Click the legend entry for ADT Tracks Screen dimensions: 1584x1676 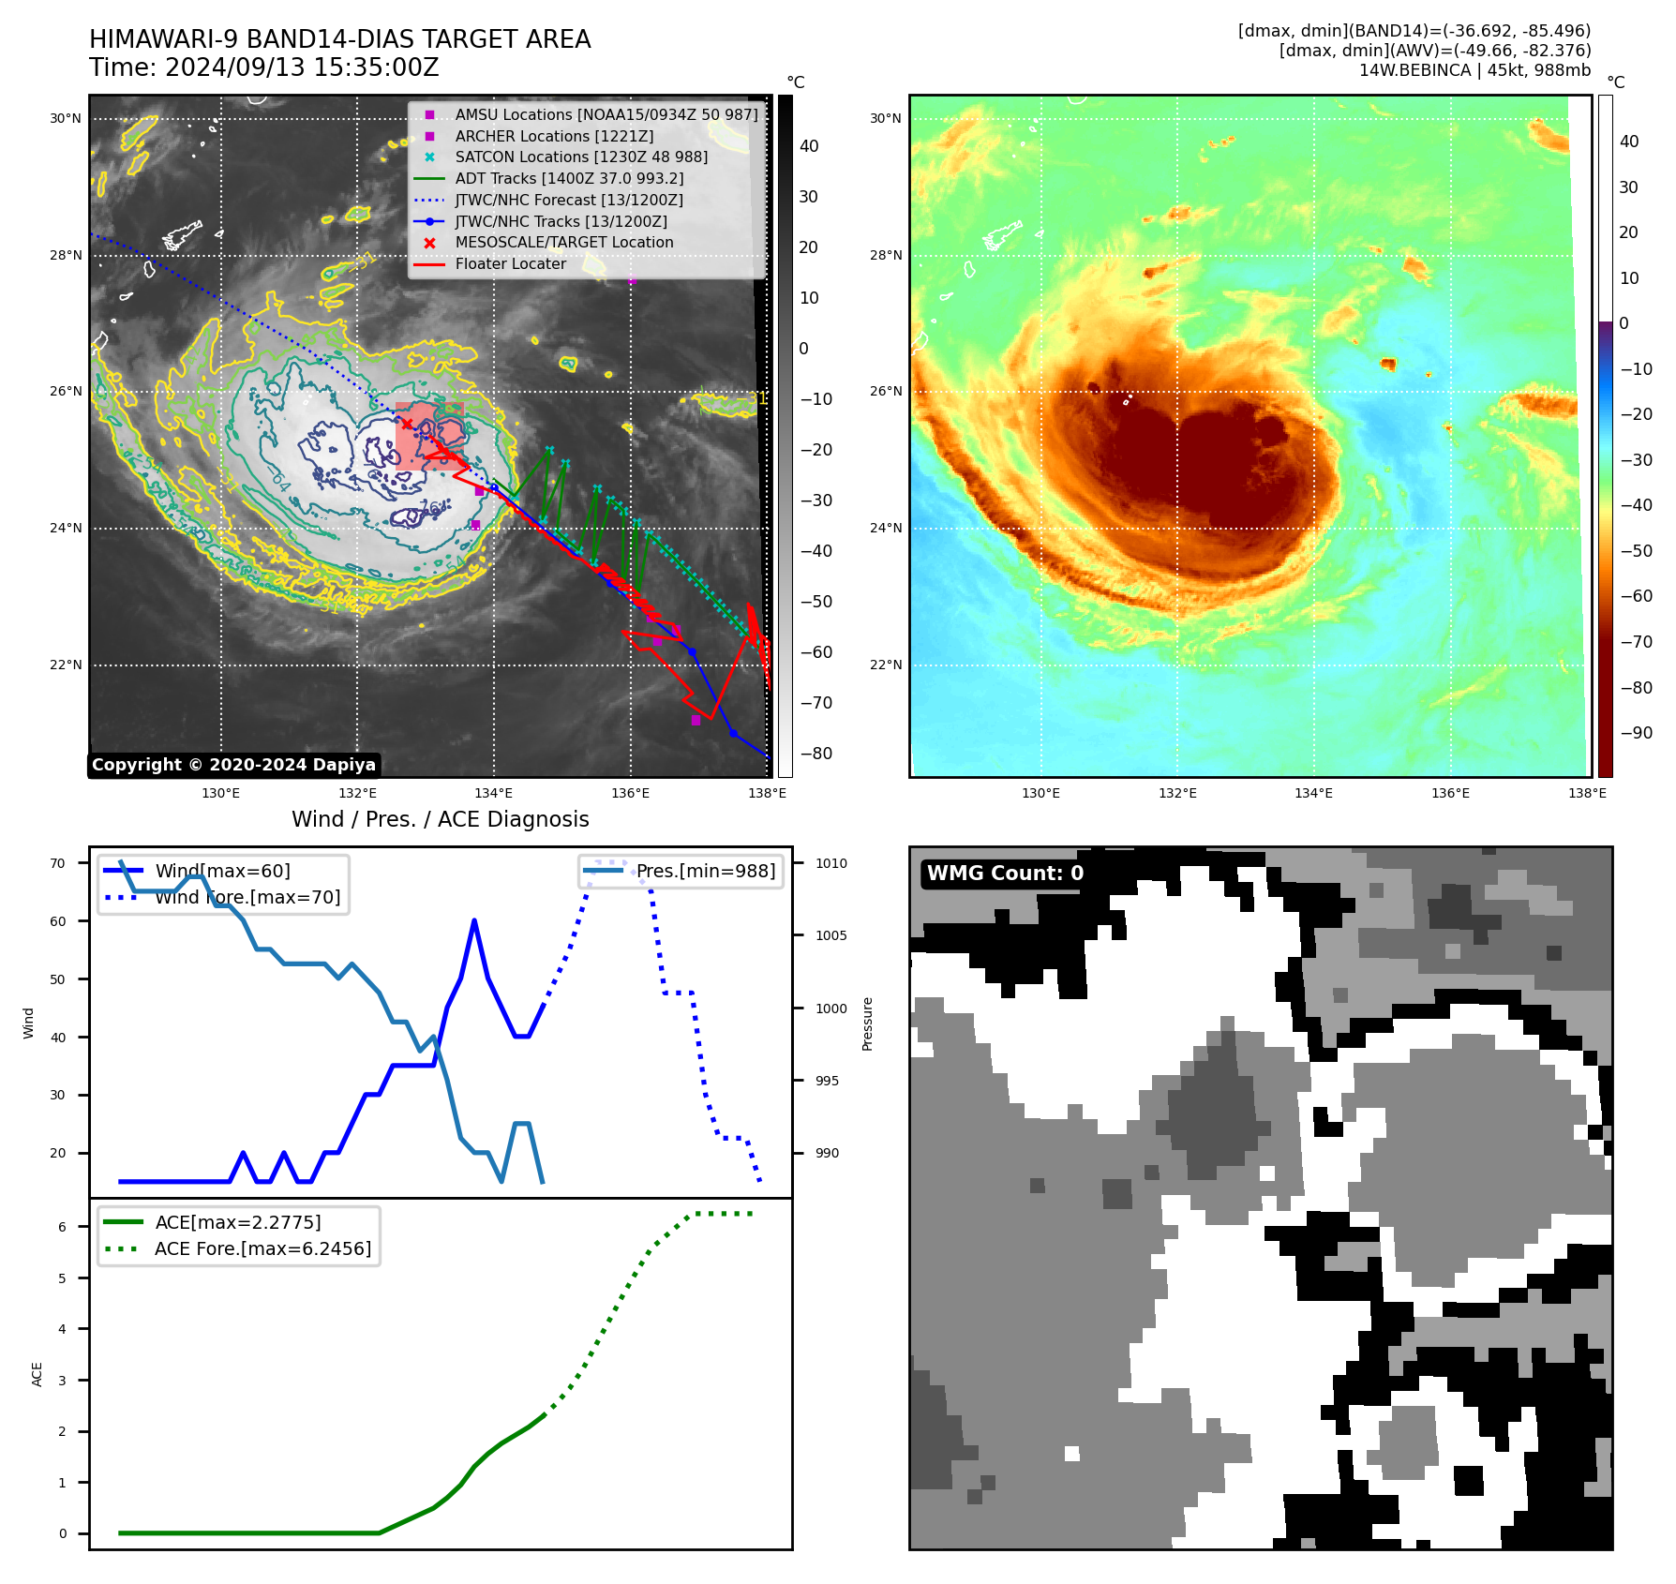[569, 178]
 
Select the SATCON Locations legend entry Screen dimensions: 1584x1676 [581, 157]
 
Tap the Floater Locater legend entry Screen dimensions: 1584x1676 [510, 263]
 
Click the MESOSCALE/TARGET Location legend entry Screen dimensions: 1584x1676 [563, 242]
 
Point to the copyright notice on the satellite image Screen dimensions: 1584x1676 [233, 765]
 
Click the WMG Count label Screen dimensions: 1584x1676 [1005, 874]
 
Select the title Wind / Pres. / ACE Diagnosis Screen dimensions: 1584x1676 [440, 819]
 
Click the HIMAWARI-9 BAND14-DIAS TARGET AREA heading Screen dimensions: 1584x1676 [339, 39]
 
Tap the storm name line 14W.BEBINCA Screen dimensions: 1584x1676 [1474, 70]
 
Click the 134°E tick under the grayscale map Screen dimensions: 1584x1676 [493, 793]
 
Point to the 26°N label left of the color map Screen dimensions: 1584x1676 [885, 391]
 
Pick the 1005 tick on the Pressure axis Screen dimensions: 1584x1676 [831, 935]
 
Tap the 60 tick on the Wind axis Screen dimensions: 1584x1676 [58, 921]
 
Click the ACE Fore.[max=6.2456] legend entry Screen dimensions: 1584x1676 [262, 1248]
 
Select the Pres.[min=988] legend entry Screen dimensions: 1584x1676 [705, 871]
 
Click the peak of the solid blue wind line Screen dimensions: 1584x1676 [474, 921]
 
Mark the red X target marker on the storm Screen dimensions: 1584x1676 [407, 425]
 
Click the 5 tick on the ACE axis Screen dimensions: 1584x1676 [63, 1278]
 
